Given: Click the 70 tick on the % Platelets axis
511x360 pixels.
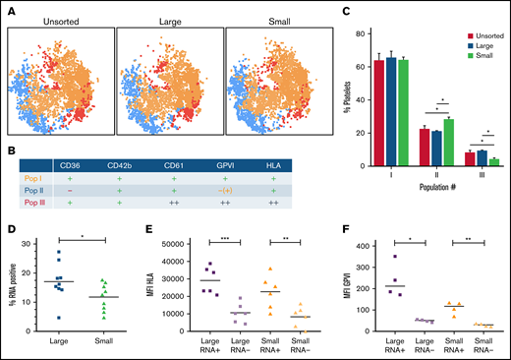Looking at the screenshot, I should [x=362, y=49].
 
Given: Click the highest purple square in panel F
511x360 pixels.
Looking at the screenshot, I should [x=397, y=256].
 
